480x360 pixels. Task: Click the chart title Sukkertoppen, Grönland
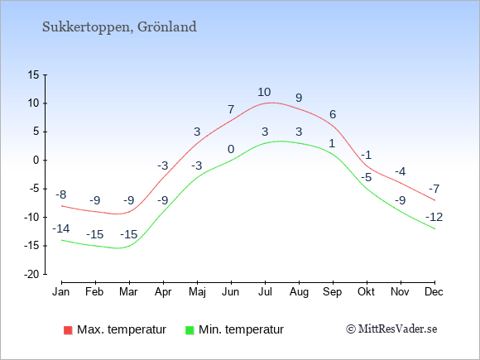(x=119, y=27)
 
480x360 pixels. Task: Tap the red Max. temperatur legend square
(x=68, y=330)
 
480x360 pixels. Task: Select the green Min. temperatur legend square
(x=190, y=330)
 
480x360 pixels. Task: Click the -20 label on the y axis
(x=31, y=274)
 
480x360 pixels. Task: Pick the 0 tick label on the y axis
(x=36, y=160)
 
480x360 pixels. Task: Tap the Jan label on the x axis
(x=61, y=292)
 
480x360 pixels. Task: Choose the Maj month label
(x=197, y=292)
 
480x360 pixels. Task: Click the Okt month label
(x=366, y=292)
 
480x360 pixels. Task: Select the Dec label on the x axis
(x=434, y=292)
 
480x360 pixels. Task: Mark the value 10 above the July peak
(x=264, y=92)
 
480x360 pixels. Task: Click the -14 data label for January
(x=61, y=228)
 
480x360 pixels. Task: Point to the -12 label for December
(x=434, y=217)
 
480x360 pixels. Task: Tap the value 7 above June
(x=231, y=109)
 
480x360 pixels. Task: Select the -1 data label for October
(x=366, y=155)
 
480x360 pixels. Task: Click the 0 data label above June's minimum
(x=231, y=149)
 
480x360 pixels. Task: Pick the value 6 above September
(x=333, y=114)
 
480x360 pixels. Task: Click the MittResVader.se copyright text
(x=391, y=329)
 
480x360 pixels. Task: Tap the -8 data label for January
(x=61, y=194)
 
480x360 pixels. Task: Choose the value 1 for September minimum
(x=333, y=143)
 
